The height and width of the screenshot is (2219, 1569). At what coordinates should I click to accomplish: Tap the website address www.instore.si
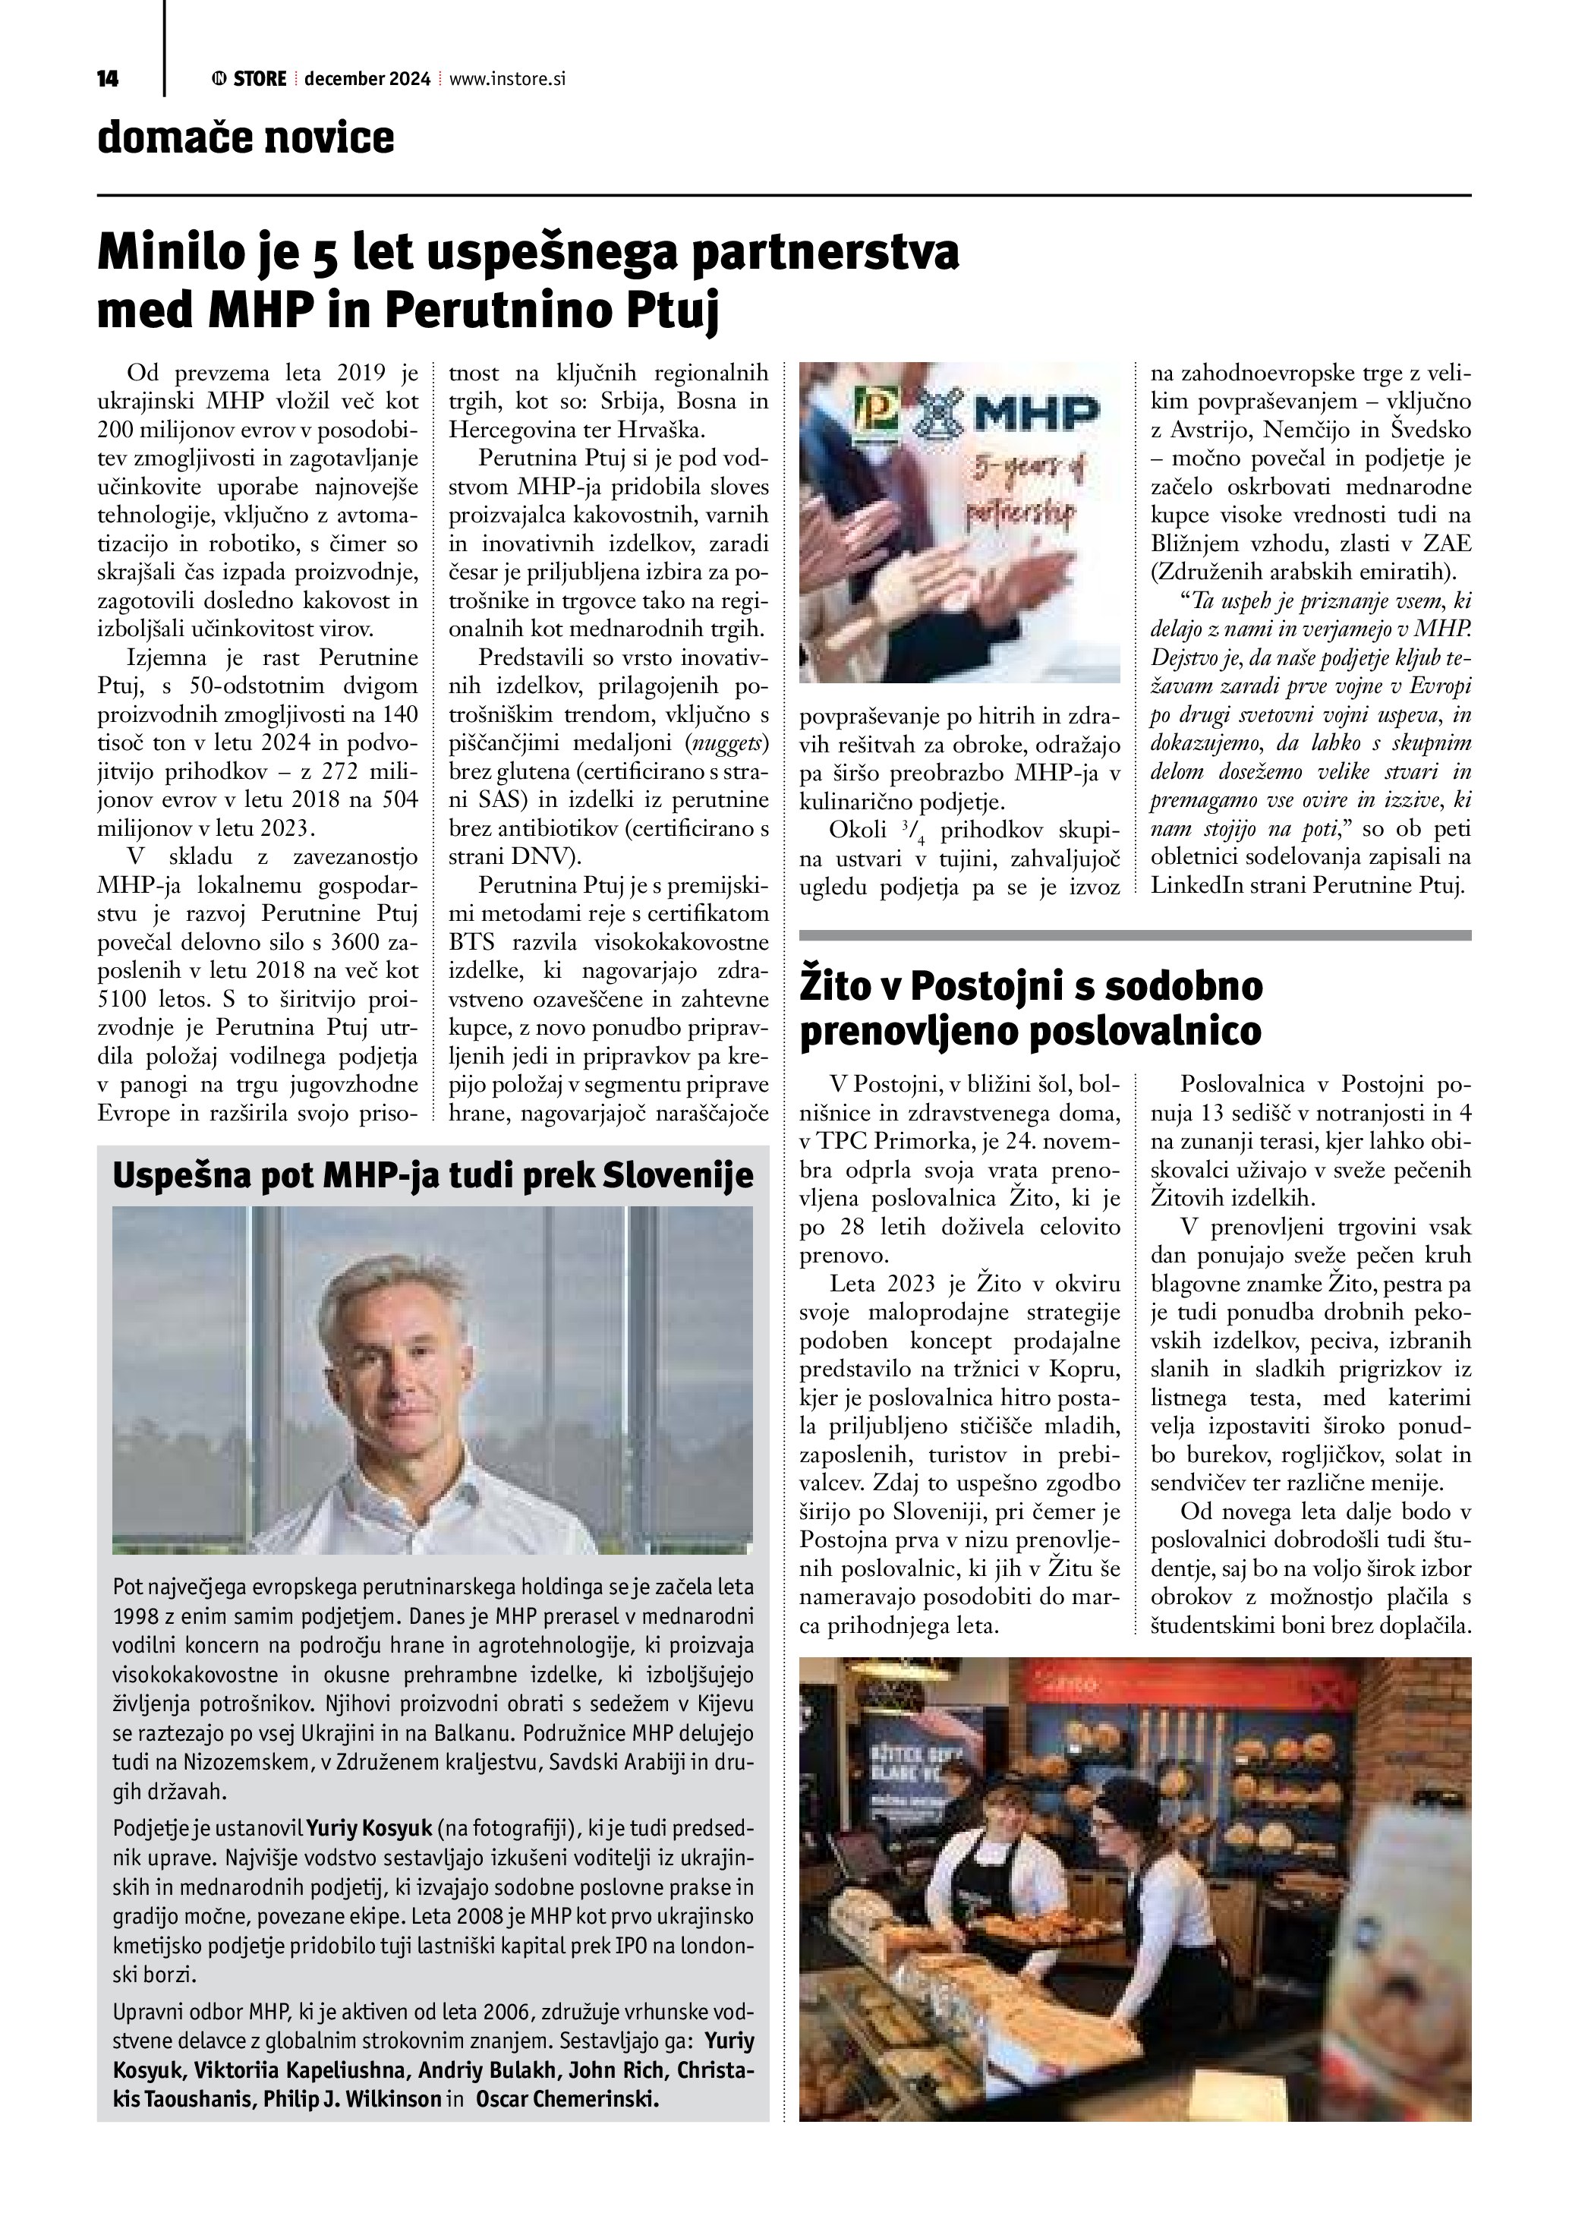click(x=506, y=79)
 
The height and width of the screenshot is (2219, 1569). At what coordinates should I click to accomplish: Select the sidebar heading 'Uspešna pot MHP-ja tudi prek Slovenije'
click(x=433, y=1175)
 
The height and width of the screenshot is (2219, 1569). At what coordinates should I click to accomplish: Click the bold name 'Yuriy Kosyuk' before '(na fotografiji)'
click(x=369, y=1829)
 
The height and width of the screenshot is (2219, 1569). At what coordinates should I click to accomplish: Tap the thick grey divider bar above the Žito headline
click(x=1136, y=935)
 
